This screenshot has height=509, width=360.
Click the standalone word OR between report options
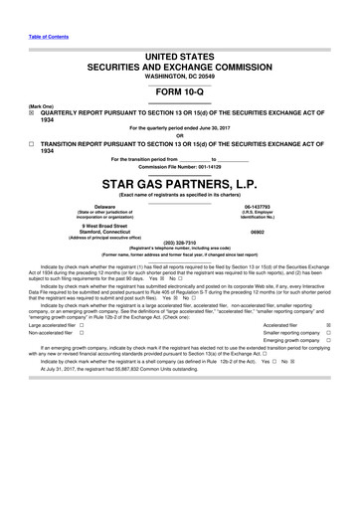(x=179, y=134)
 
